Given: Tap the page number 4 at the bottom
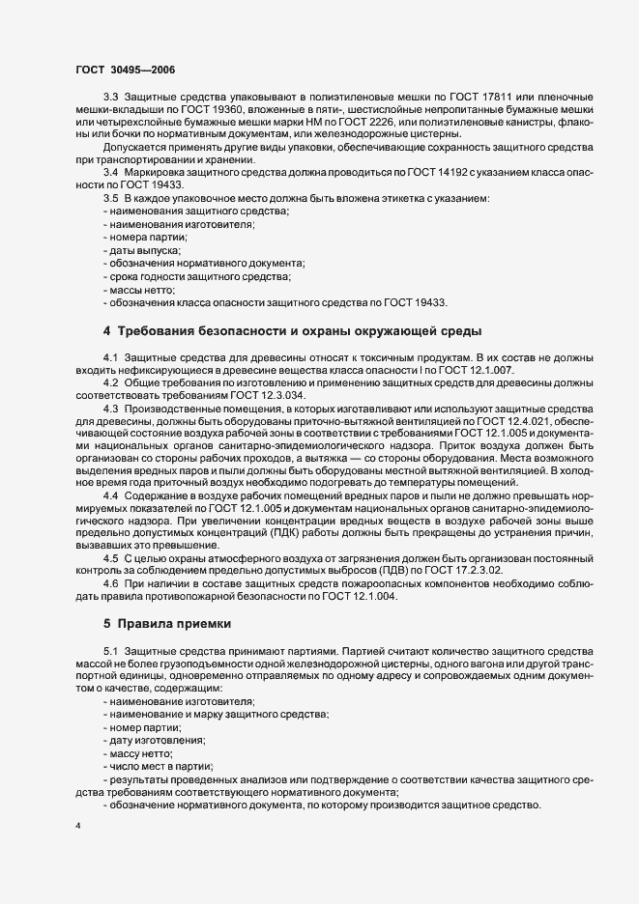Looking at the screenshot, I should click(x=77, y=827).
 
